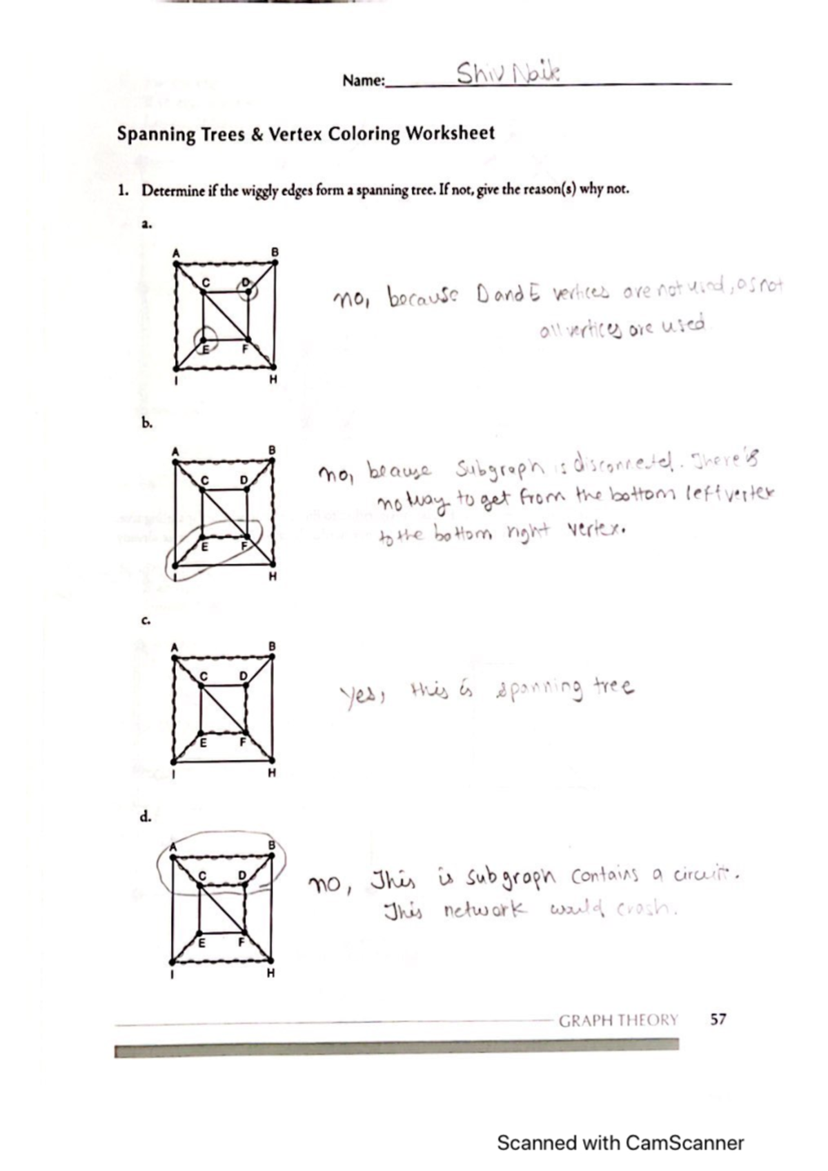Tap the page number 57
718,1019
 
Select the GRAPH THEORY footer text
618,1020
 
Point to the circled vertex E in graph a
205,341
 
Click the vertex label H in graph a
273,379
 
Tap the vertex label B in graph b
273,450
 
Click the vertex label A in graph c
175,647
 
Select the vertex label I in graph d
172,973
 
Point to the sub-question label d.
146,817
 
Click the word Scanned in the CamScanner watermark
537,1143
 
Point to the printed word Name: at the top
364,81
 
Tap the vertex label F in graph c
242,743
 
